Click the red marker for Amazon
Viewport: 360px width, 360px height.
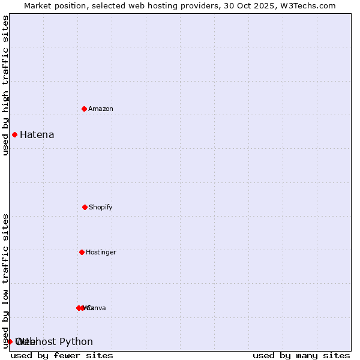pos(85,109)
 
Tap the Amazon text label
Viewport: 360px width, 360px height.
pos(101,109)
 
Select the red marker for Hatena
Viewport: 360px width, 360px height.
pos(14,134)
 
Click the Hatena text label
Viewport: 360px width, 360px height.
pos(37,134)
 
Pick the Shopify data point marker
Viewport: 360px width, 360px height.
pos(85,207)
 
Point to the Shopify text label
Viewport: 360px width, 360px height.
pos(101,207)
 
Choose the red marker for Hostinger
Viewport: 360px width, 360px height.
pos(82,252)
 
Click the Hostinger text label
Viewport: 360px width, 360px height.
pos(101,252)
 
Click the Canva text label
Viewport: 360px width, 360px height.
pos(97,308)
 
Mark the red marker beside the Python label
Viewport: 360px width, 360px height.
pos(10,341)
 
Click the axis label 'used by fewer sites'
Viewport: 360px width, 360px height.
pos(62,355)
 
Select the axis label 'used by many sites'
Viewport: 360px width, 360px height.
pos(301,355)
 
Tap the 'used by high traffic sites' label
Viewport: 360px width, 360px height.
pos(6,85)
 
